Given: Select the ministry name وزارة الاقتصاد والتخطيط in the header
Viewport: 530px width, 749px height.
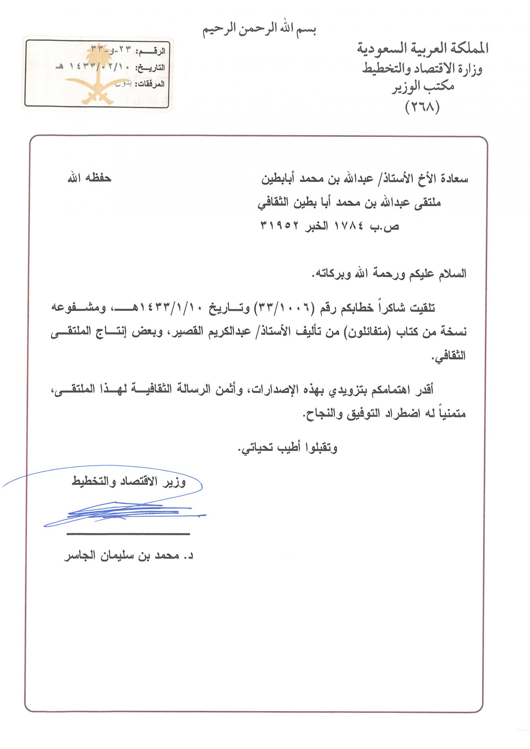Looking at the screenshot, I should [422, 69].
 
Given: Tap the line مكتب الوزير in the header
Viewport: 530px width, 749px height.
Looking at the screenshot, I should [423, 87].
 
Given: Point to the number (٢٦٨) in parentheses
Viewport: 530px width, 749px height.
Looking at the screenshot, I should [422, 107].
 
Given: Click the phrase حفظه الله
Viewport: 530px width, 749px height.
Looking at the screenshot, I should [89, 178].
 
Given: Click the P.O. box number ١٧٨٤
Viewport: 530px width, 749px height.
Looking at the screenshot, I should [348, 225].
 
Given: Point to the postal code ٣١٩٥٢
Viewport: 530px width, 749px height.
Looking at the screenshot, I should [280, 225].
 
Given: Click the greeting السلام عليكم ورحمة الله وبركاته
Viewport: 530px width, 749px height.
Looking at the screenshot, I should [389, 273].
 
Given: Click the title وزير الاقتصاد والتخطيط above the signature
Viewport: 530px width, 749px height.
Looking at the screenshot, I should [129, 481].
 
